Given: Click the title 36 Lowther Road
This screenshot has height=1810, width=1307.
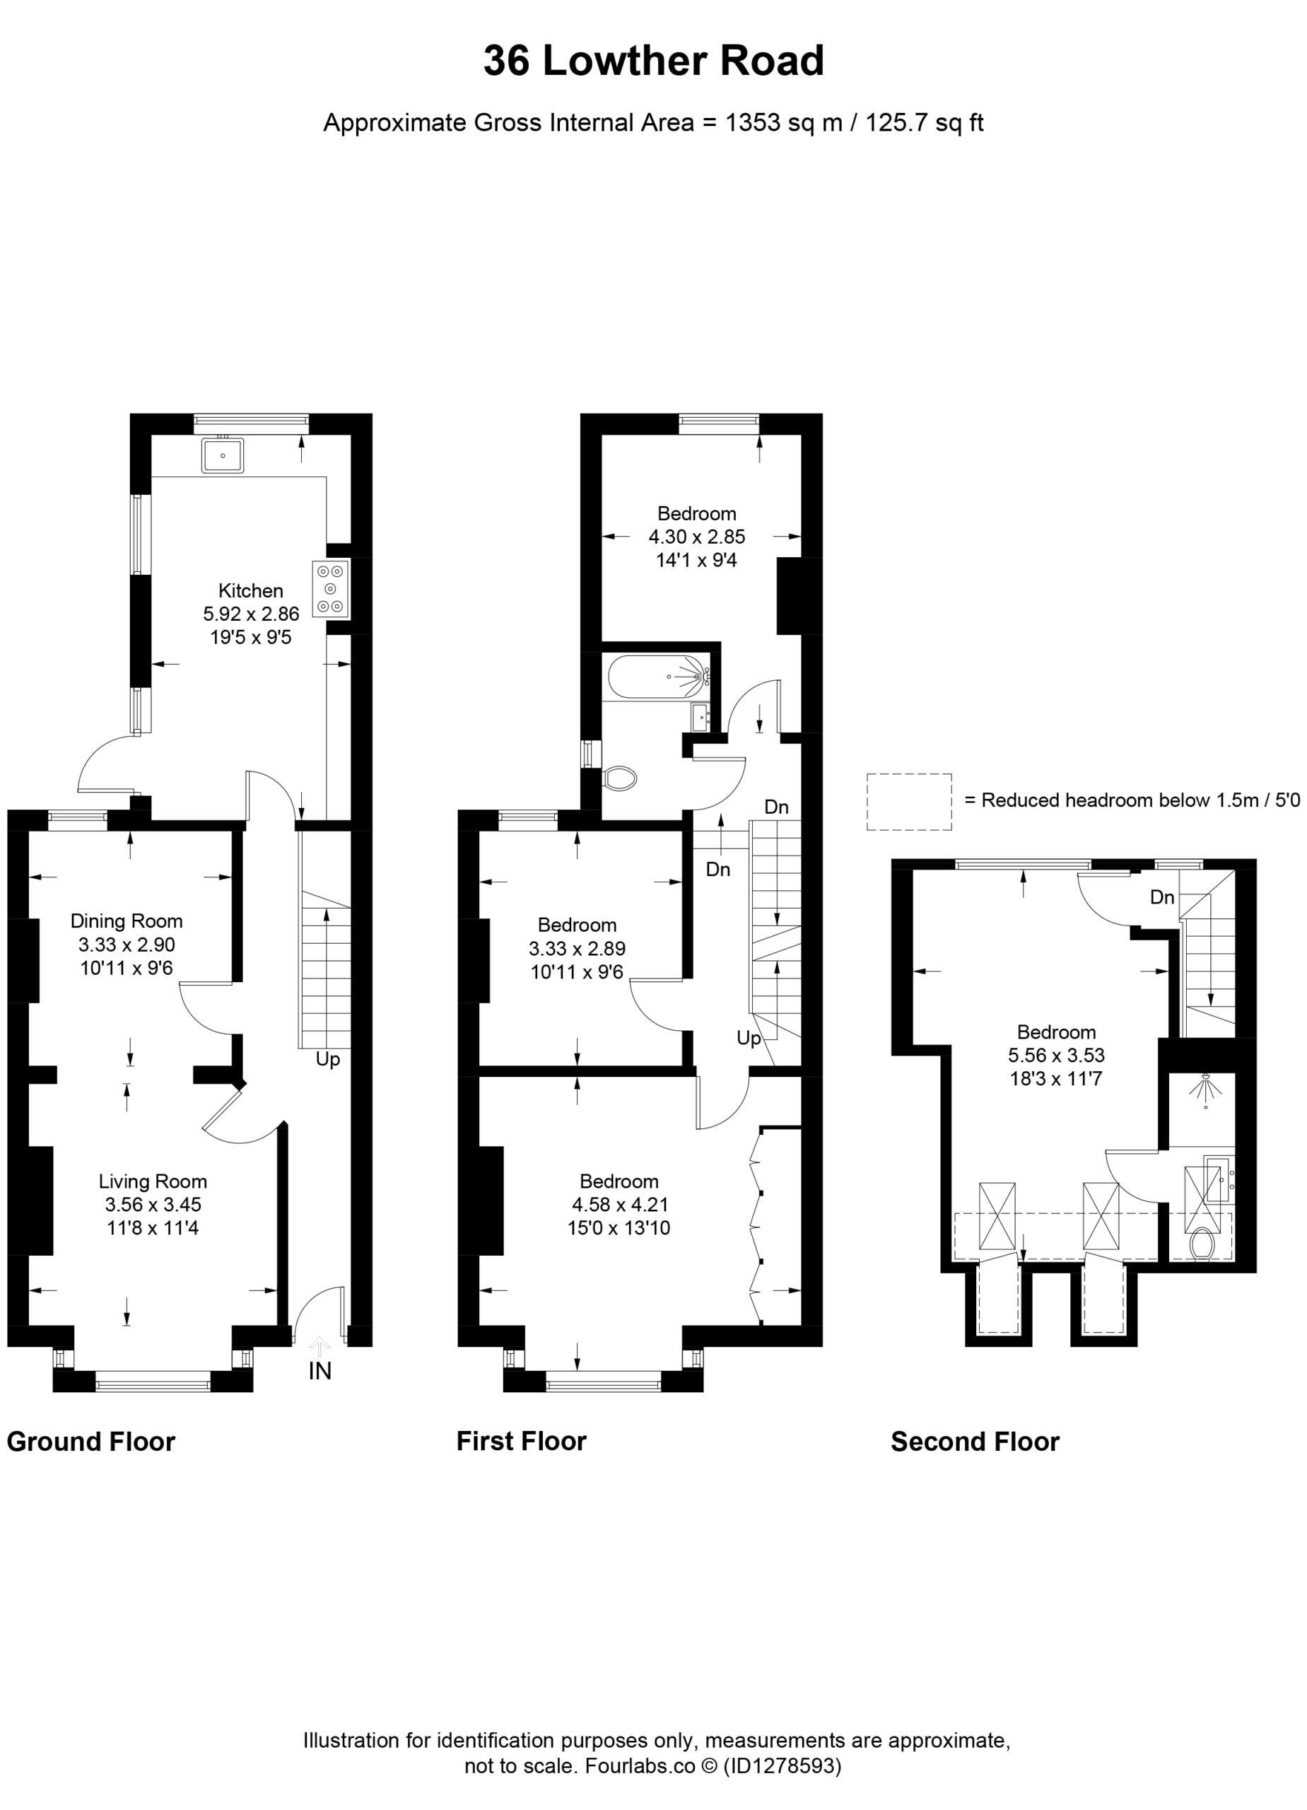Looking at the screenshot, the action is pyautogui.click(x=652, y=61).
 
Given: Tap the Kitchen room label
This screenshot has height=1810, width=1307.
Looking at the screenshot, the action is pyautogui.click(x=250, y=590).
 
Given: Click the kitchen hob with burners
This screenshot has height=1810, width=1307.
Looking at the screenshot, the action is pyautogui.click(x=331, y=590).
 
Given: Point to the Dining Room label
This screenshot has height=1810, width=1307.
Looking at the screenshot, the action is pyautogui.click(x=126, y=921).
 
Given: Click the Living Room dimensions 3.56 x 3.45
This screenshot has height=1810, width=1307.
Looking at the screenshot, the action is pyautogui.click(x=153, y=1205).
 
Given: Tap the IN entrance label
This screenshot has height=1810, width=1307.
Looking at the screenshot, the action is pyautogui.click(x=320, y=1371).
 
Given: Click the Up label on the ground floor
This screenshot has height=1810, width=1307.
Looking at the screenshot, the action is pyautogui.click(x=328, y=1061).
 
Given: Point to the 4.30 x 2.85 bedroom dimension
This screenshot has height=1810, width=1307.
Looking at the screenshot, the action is pyautogui.click(x=696, y=537).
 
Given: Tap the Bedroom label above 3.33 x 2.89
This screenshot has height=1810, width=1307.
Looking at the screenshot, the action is pyautogui.click(x=577, y=926).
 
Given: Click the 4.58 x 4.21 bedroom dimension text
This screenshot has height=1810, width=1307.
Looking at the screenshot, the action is pyautogui.click(x=619, y=1205).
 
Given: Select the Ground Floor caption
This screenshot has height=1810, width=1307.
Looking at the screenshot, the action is pyautogui.click(x=91, y=1442).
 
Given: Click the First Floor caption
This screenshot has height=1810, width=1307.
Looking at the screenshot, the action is pyautogui.click(x=521, y=1442).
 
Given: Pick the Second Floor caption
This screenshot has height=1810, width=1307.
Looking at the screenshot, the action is pyautogui.click(x=975, y=1442).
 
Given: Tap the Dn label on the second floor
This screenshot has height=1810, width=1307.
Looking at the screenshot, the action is pyautogui.click(x=1162, y=897).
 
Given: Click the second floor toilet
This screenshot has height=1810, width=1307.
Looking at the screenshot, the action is pyautogui.click(x=1201, y=1244).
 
